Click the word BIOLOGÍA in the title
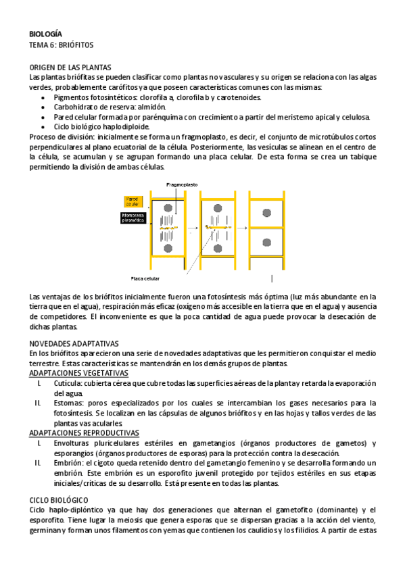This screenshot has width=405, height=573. [x=46, y=33]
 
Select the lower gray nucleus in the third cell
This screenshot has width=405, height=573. [x=267, y=242]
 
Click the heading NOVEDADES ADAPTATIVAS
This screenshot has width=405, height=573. [x=74, y=343]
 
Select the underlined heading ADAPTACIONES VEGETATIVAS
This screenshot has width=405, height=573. [x=79, y=373]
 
